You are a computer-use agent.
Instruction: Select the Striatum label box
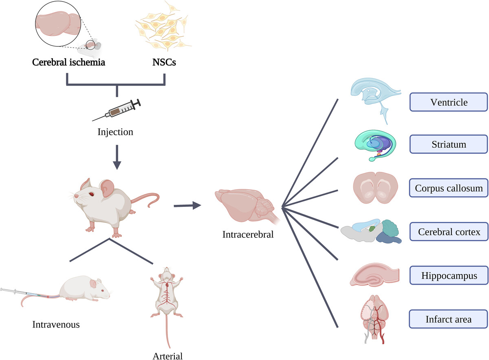pos(449,145)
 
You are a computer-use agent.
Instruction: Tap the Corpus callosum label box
pos(449,188)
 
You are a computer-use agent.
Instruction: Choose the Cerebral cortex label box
pos(449,232)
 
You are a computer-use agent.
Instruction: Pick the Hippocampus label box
pos(449,276)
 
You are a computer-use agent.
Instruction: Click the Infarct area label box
pos(449,319)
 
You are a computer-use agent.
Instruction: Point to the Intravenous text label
pos(56,325)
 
